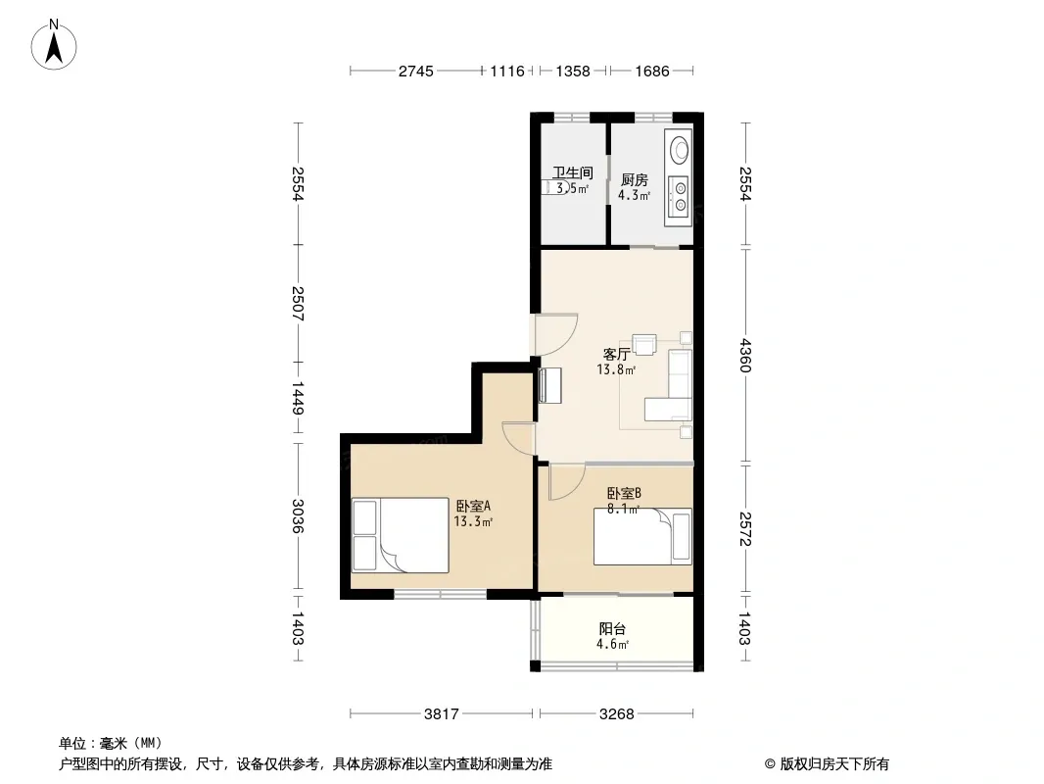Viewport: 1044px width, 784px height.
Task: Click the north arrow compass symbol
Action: coord(54,45)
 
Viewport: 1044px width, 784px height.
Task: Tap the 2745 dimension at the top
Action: coord(416,71)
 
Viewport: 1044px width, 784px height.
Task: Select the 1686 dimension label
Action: coord(652,71)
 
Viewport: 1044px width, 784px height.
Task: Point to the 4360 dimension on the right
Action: coord(745,356)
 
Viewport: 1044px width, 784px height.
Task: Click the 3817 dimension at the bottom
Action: coord(442,714)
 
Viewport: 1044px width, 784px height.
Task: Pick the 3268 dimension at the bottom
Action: coord(617,714)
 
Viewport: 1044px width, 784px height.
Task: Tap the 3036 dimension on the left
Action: coord(298,516)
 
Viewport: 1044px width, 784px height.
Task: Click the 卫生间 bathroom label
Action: coord(573,173)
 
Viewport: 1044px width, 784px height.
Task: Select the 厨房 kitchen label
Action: coord(635,180)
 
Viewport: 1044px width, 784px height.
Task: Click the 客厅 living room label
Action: coord(617,354)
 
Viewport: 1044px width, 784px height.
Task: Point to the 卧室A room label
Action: coord(473,507)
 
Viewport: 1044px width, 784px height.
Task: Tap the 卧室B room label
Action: coord(624,494)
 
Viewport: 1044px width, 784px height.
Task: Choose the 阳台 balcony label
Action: coord(612,629)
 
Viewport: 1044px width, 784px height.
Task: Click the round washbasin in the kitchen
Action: coord(679,149)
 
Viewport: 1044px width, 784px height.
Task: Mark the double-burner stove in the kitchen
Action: coord(680,197)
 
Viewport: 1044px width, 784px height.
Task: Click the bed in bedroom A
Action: coord(401,535)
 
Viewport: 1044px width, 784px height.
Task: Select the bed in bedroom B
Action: coord(642,537)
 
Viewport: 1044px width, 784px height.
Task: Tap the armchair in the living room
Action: coord(644,344)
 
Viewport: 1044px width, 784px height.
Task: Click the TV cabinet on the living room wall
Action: coord(550,386)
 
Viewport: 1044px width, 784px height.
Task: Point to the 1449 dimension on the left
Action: coord(298,398)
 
